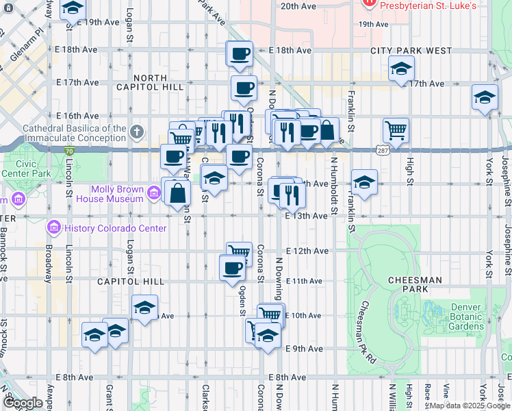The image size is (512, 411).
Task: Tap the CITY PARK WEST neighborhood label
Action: (411, 51)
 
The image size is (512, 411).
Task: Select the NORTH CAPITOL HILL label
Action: (150, 82)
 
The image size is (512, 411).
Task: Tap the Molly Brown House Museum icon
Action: (154, 195)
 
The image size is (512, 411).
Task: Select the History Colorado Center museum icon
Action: (53, 227)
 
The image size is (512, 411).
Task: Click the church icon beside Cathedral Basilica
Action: (137, 131)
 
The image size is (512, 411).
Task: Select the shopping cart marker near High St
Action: (396, 129)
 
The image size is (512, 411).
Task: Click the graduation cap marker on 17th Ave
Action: (401, 68)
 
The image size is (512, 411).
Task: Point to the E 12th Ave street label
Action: (305, 251)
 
